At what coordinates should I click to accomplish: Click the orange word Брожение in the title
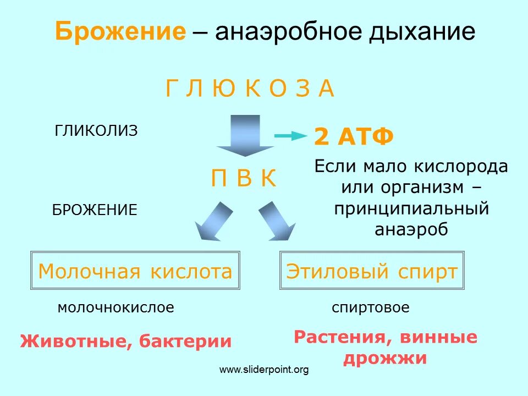(120, 32)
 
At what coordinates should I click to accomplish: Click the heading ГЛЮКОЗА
(250, 89)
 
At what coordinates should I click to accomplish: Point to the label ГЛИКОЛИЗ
(96, 131)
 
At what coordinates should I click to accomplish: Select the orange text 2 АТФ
(354, 137)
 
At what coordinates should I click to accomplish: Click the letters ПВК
(244, 179)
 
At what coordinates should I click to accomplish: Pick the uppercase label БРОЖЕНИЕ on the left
(95, 210)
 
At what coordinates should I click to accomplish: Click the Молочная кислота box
(135, 271)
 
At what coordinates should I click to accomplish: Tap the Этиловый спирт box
(372, 271)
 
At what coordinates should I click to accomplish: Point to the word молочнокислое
(116, 308)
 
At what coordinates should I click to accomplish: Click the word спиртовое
(371, 308)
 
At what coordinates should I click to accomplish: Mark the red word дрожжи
(385, 358)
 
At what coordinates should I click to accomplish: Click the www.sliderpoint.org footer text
(264, 370)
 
